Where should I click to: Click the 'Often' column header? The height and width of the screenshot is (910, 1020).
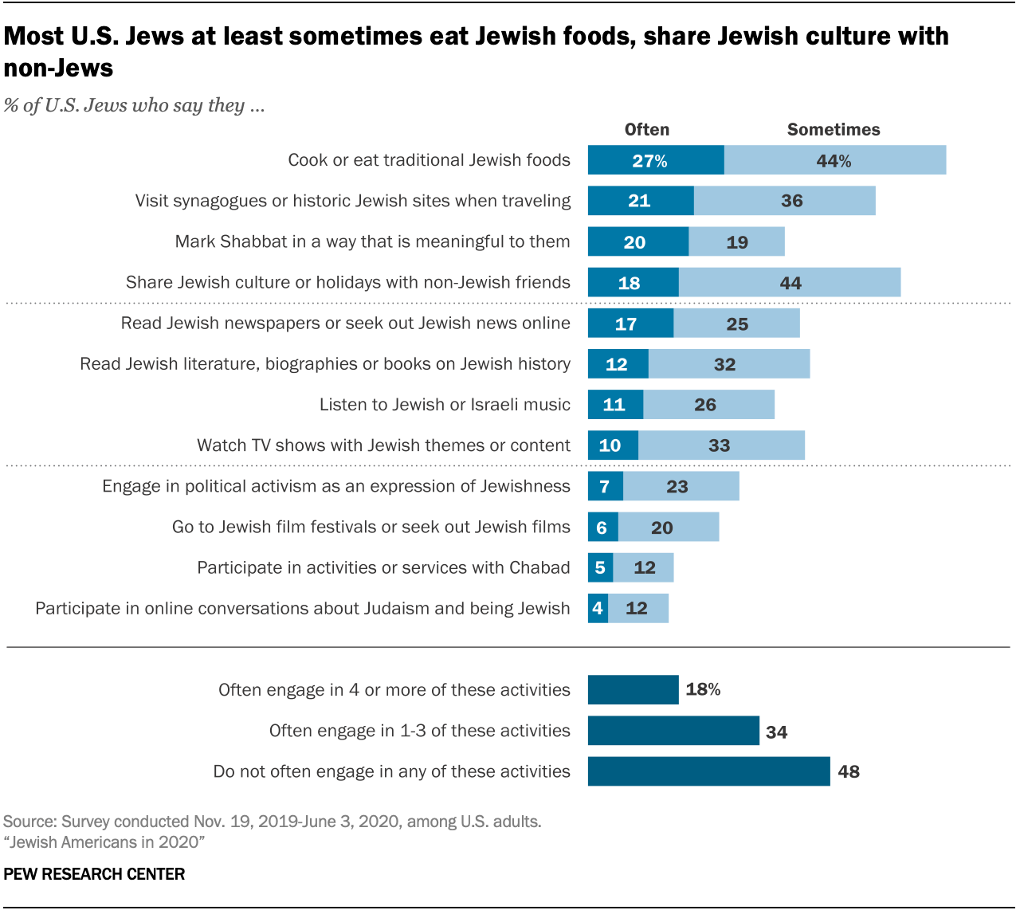(x=646, y=130)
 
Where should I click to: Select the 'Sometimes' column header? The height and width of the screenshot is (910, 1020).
(x=833, y=130)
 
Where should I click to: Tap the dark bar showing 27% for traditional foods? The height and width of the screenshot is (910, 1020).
(x=655, y=160)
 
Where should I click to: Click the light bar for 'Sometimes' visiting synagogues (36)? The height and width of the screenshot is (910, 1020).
(x=784, y=201)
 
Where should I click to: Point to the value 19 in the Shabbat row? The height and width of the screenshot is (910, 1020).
(x=737, y=242)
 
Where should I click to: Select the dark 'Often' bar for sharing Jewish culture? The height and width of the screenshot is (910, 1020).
(x=633, y=283)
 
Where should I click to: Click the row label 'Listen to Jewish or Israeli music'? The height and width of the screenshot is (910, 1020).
(x=445, y=405)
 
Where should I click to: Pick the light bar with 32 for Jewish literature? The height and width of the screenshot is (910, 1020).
(x=728, y=364)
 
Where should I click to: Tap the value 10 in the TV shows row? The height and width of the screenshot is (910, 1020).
(x=610, y=445)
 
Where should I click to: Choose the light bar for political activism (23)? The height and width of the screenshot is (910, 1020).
(x=681, y=486)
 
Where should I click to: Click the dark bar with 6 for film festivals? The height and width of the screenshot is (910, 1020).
(x=602, y=528)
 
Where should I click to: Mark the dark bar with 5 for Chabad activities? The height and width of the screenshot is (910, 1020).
(x=600, y=568)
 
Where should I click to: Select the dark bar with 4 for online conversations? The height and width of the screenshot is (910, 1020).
(x=598, y=609)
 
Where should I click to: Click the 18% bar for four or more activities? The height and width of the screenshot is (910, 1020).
(x=633, y=690)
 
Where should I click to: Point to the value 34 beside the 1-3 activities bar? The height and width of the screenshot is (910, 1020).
(x=776, y=732)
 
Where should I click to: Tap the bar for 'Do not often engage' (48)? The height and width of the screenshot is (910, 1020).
(x=708, y=771)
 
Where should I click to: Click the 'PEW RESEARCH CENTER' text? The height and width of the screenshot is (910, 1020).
(x=94, y=874)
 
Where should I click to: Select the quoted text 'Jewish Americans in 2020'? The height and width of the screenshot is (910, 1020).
(x=104, y=842)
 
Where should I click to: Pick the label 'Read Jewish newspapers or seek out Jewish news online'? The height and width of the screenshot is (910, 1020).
(x=345, y=324)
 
